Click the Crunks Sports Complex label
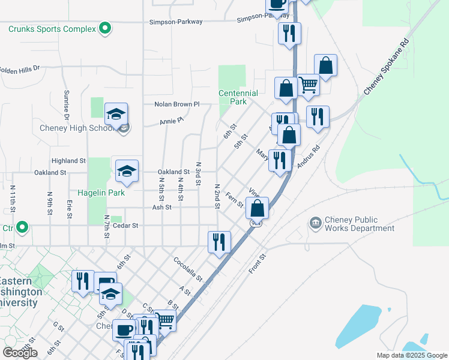(52, 29)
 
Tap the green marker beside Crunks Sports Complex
(106, 28)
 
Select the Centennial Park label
(238, 97)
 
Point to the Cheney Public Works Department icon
(316, 224)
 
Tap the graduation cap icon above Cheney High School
(116, 113)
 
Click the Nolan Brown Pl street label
(176, 104)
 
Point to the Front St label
(257, 263)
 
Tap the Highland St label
(69, 161)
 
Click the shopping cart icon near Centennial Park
(308, 85)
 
